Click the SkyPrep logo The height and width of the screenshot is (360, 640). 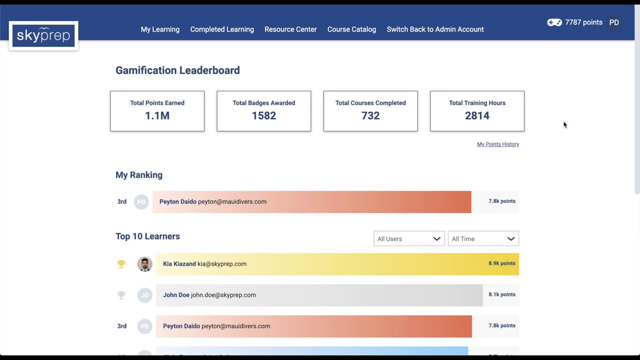43,35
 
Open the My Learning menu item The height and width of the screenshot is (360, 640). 160,29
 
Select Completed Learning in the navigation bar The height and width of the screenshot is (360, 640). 222,29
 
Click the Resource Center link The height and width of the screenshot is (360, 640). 290,29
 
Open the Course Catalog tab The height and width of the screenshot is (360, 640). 351,29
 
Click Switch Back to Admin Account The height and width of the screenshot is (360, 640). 435,29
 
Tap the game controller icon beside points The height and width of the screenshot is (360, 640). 554,22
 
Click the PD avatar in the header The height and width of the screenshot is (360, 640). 614,22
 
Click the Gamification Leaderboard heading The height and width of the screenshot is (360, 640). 177,70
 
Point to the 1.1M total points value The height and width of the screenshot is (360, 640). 157,116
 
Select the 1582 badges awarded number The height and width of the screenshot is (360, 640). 263,116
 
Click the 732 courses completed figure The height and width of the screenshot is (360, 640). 370,116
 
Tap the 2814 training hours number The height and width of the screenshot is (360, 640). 477,116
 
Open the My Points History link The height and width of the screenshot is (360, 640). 498,144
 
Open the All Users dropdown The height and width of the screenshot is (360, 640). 408,239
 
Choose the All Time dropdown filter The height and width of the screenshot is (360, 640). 483,239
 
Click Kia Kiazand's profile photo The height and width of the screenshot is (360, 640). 144,264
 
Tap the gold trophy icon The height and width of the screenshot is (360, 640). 121,264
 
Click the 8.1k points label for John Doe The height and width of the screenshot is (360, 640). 501,294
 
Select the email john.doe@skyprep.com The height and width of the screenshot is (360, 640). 223,295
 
